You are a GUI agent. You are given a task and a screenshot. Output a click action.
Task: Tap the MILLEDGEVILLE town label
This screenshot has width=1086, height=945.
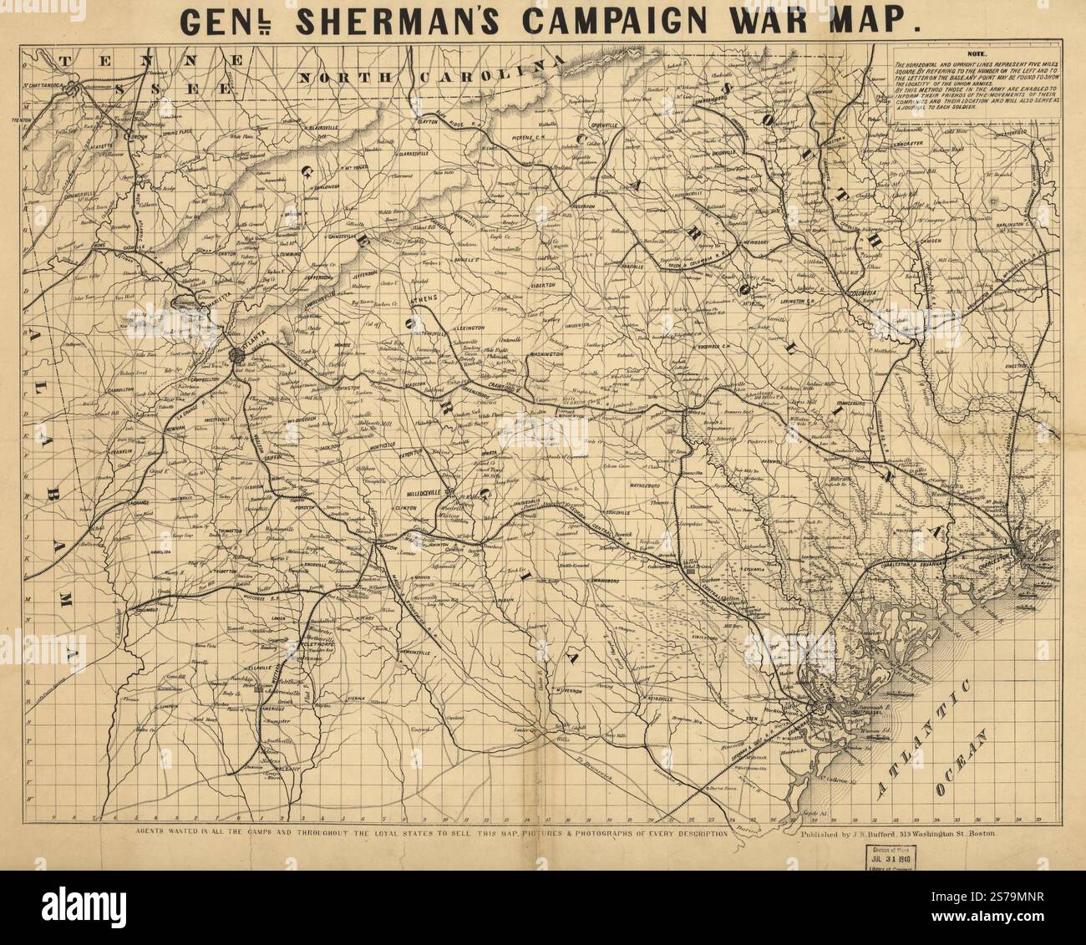tap(432, 482)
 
